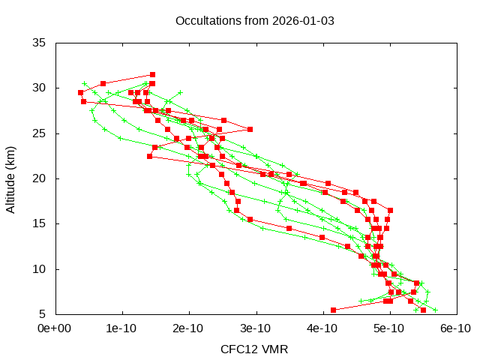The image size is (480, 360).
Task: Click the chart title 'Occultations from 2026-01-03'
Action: click(x=254, y=20)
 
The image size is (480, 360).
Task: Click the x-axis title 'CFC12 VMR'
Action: click(x=254, y=349)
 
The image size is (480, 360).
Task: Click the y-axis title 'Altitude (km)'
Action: click(x=11, y=178)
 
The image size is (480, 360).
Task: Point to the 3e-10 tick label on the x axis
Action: click(x=256, y=328)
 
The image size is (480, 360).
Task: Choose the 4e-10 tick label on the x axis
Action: click(x=322, y=328)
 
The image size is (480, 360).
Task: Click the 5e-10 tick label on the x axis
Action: click(x=390, y=328)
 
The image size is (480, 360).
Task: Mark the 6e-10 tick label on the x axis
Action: click(x=454, y=328)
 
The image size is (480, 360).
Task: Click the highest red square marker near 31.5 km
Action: click(x=152, y=74)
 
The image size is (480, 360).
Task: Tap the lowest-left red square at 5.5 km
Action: click(x=333, y=310)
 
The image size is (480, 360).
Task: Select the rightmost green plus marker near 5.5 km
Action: click(x=435, y=310)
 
